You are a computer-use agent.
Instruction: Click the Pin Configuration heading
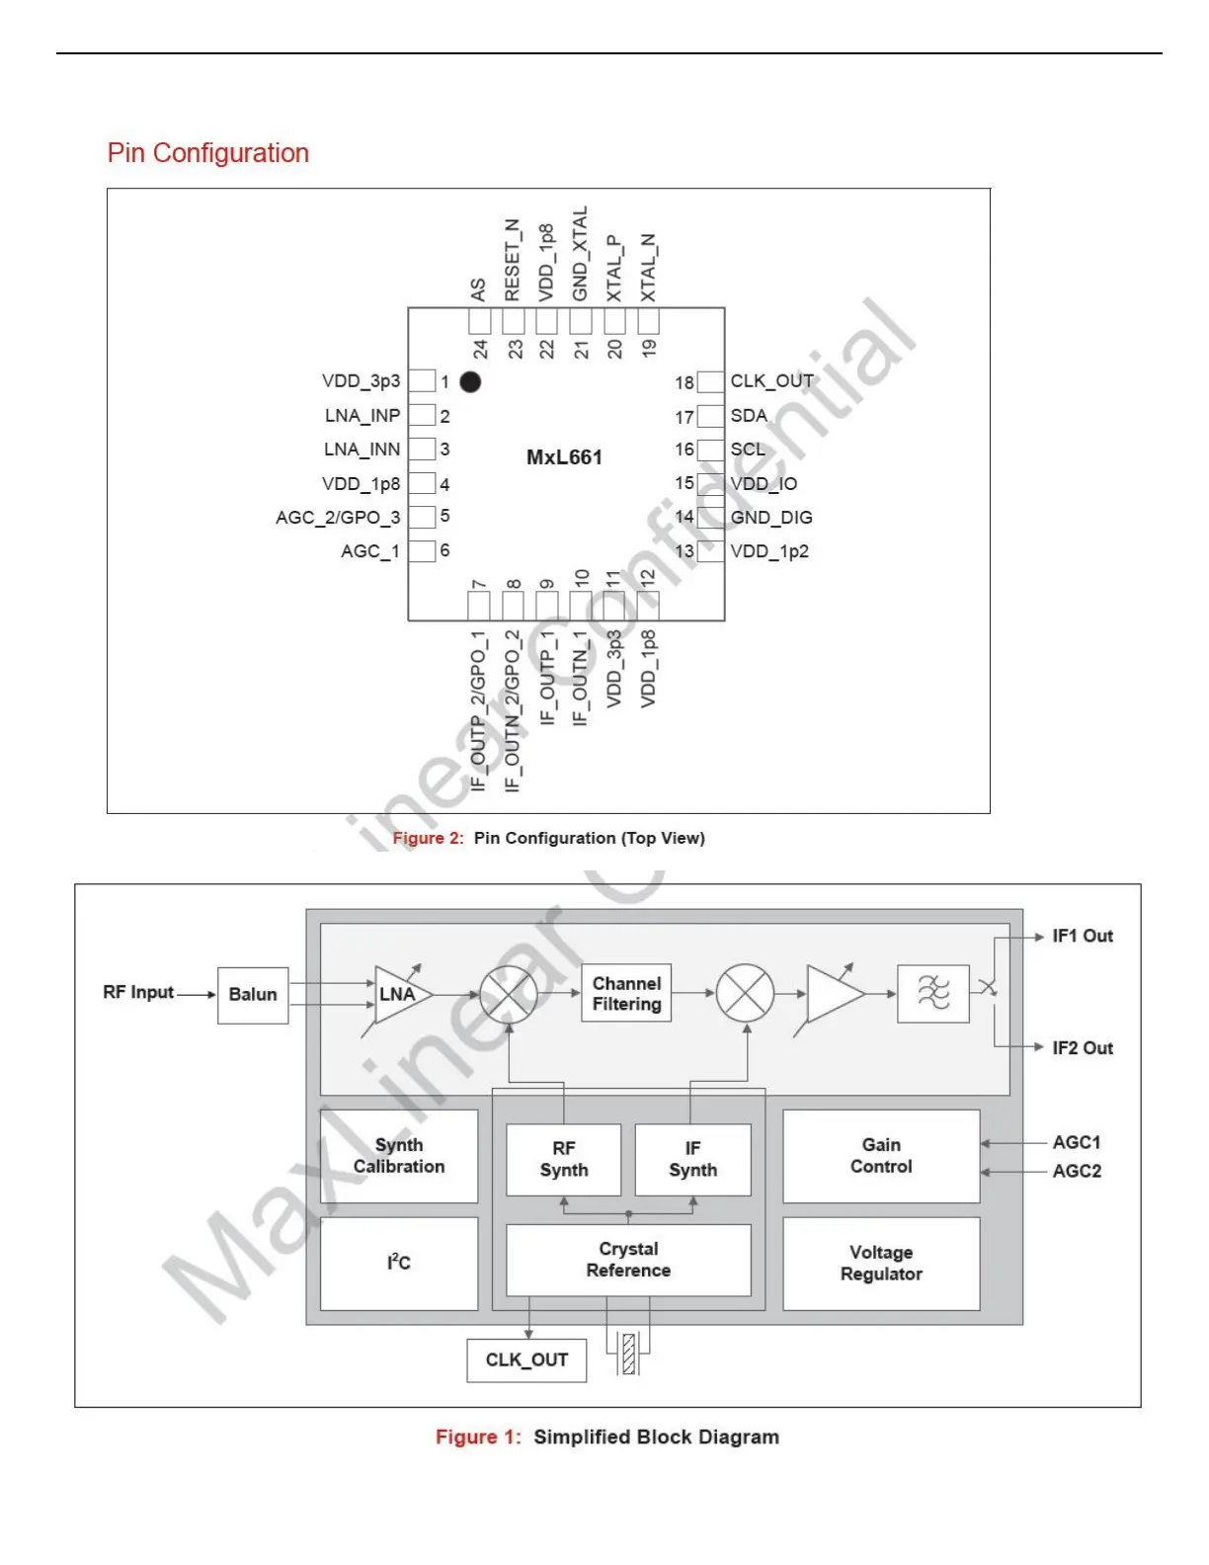207,153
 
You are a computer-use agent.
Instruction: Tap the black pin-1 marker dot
470,381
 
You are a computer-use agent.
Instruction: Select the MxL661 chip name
564,457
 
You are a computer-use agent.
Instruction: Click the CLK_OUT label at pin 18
771,381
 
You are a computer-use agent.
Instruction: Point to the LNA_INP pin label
363,416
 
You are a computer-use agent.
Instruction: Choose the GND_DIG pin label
771,518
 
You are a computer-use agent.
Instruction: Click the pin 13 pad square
710,551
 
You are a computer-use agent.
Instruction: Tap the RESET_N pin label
512,260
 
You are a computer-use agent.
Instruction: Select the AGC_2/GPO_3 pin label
338,518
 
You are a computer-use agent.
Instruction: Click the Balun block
253,995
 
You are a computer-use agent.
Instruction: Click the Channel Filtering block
626,994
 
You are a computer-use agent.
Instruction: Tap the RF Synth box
564,1159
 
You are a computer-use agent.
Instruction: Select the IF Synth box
692,1159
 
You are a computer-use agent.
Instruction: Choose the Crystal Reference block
628,1260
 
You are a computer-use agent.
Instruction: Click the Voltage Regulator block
881,1264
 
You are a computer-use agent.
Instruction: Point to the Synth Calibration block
399,1156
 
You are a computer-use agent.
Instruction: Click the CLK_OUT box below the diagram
526,1360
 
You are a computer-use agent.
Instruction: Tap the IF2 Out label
1083,1048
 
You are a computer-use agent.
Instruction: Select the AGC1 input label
1077,1143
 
